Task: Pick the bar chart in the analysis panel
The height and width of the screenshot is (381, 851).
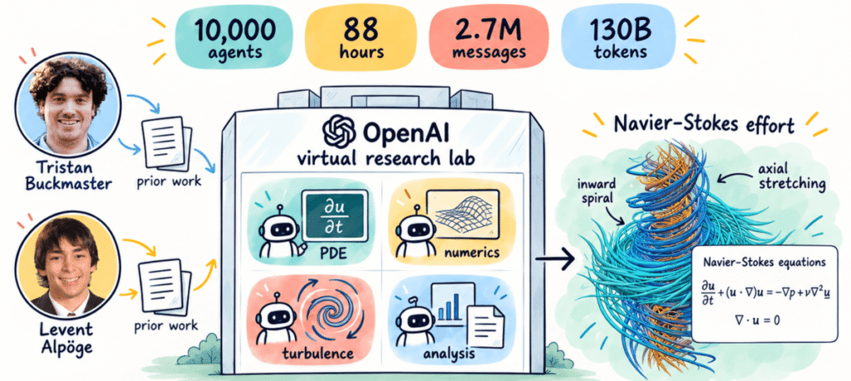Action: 448,308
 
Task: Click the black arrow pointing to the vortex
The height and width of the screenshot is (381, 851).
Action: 555,259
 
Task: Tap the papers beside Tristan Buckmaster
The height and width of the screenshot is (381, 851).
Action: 163,144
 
